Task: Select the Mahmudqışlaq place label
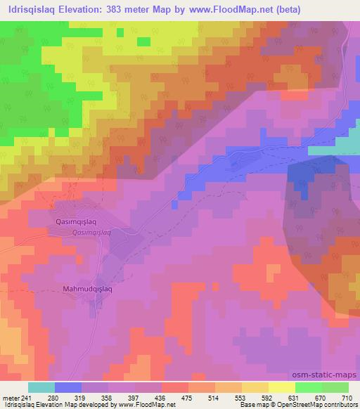click(88, 288)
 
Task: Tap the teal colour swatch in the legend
click(41, 387)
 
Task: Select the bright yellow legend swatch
click(282, 387)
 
